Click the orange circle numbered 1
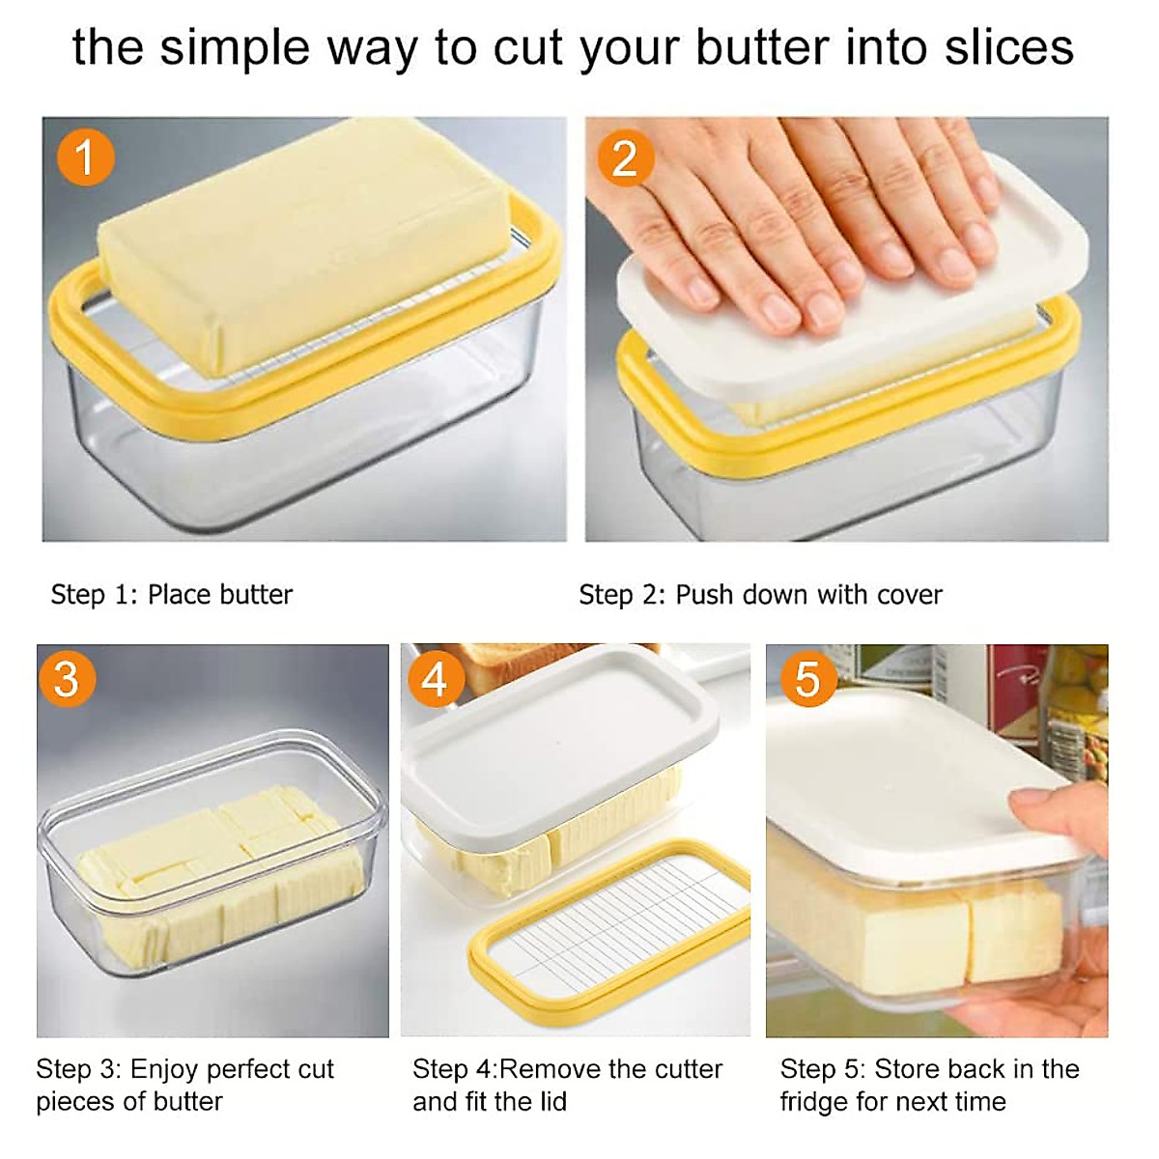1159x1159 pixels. point(85,157)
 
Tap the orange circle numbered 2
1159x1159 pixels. point(625,157)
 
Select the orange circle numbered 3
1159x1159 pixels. point(67,679)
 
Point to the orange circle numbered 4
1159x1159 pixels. point(435,679)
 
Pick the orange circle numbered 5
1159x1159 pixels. point(807,679)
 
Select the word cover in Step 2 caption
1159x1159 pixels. point(904,594)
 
